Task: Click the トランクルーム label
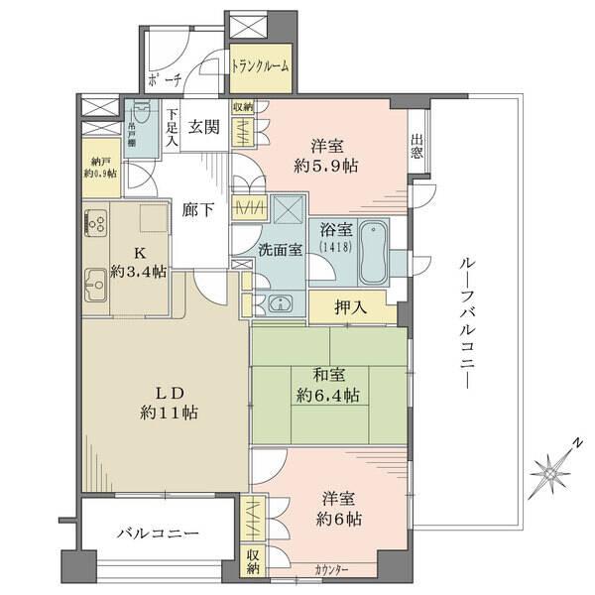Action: coord(260,66)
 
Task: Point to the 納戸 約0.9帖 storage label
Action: coord(99,166)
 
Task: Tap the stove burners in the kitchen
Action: coord(96,224)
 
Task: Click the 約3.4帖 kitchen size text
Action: coord(139,270)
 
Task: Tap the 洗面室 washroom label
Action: coord(281,250)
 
